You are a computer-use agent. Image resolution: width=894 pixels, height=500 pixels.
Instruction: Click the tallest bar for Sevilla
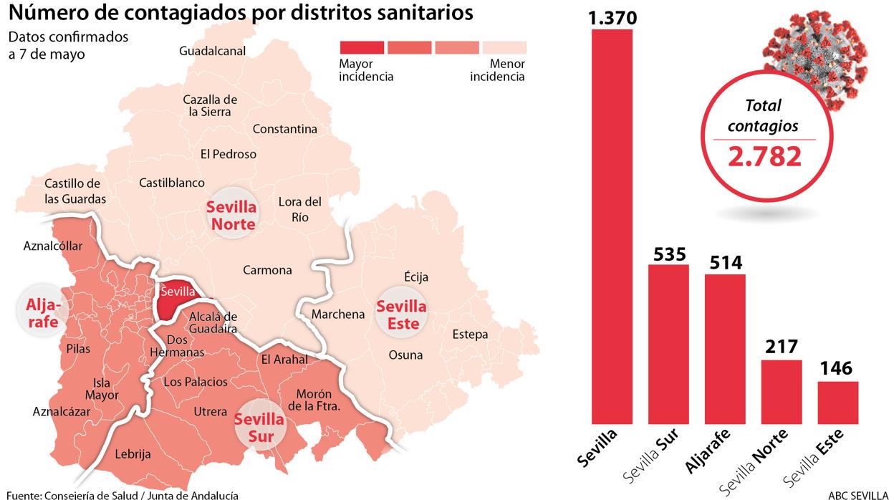[612, 226]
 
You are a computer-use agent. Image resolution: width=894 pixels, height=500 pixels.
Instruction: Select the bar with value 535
[668, 344]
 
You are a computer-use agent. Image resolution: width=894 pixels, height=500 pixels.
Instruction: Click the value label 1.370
[612, 16]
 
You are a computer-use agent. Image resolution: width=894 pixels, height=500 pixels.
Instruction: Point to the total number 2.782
[764, 156]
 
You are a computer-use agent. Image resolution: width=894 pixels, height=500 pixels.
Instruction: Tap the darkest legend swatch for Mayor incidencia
[360, 47]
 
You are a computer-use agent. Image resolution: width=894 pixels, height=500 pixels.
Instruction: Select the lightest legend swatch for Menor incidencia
[504, 47]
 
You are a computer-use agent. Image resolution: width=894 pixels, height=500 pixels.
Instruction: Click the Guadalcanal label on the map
[213, 51]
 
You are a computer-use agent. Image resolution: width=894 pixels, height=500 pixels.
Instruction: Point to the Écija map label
[416, 277]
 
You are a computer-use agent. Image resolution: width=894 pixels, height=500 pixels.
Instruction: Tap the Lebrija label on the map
[133, 453]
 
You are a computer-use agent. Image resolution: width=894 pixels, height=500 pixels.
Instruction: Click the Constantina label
[284, 130]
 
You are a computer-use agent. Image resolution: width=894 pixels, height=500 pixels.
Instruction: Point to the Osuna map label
[405, 355]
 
